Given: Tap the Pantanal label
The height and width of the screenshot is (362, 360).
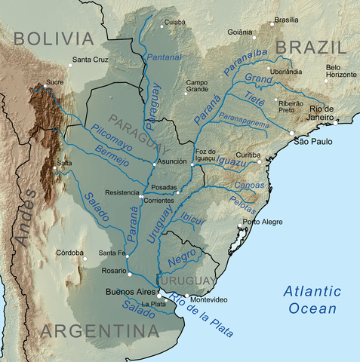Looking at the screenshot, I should [165, 58].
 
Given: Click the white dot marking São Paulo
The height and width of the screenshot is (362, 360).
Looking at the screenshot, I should [292, 133].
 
